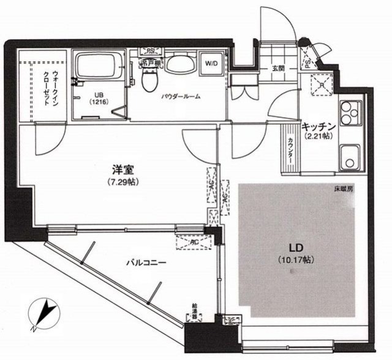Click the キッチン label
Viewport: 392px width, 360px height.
(x=318, y=126)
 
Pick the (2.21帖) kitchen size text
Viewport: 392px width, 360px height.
(x=318, y=136)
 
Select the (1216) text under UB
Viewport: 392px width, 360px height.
(x=99, y=103)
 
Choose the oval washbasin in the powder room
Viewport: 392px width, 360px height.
(x=179, y=64)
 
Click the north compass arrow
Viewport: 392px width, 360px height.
(x=43, y=312)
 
